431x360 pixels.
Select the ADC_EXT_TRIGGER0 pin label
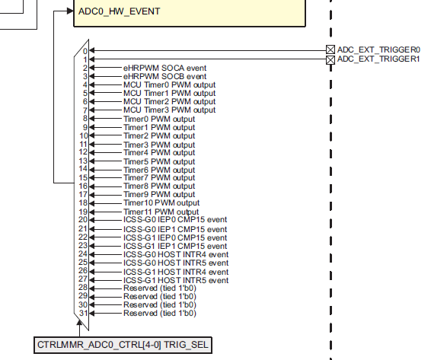pos(378,49)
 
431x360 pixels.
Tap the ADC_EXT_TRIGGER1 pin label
pos(378,59)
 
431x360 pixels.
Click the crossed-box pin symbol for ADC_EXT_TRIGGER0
pos(330,49)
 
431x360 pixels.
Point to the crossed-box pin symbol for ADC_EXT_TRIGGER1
pos(330,59)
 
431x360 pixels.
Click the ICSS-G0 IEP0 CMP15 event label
pos(174,220)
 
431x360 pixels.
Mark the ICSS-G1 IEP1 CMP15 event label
pos(174,246)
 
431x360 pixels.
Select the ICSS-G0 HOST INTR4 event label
pos(175,254)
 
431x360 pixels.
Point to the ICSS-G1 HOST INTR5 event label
pos(175,280)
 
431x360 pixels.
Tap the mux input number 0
pos(85,51)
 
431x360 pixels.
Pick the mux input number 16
pos(83,186)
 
